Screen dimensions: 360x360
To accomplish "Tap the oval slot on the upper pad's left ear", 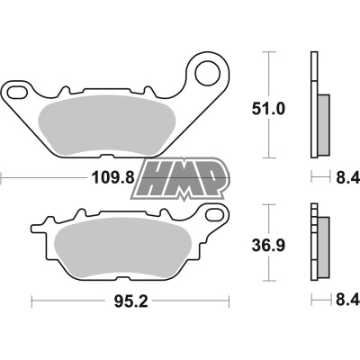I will (x=19, y=92).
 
